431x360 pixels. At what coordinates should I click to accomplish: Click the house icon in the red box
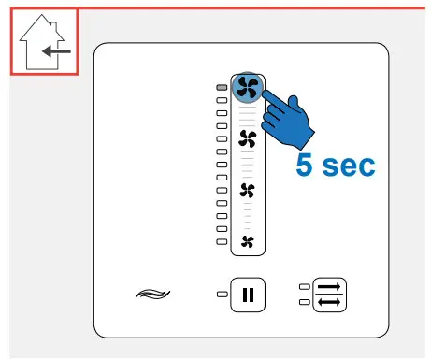point(44,44)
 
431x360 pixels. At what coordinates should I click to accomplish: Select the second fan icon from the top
point(248,139)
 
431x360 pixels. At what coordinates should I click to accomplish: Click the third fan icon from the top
point(248,192)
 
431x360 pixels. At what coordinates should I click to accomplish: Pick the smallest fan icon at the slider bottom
point(248,242)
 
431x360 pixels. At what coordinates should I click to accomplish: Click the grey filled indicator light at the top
point(222,87)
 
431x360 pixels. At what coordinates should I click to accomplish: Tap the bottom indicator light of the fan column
point(222,241)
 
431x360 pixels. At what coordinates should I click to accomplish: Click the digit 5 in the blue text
point(306,166)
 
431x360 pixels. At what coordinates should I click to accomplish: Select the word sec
point(349,166)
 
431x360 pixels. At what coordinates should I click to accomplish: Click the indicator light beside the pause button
point(222,295)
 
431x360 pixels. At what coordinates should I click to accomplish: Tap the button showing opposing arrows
point(327,295)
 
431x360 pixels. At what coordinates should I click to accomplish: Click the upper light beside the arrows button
point(302,289)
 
